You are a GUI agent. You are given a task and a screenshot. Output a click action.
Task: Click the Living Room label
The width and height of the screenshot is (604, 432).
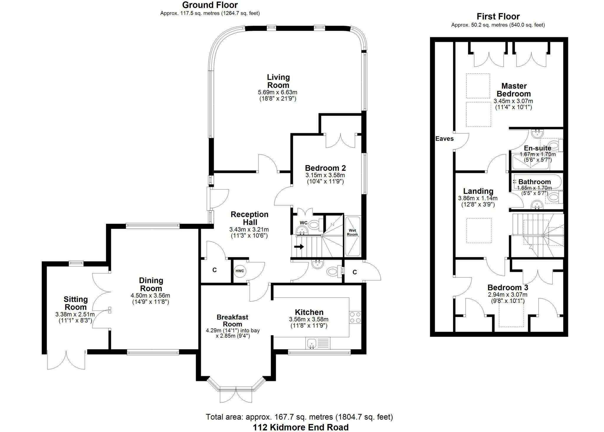click(x=278, y=81)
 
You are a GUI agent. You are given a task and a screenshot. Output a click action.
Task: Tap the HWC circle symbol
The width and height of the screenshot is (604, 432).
click(x=240, y=271)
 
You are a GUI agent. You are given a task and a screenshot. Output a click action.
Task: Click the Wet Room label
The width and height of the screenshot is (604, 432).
click(x=352, y=233)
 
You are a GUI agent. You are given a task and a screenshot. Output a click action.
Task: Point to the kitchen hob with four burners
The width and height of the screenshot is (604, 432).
click(x=355, y=317)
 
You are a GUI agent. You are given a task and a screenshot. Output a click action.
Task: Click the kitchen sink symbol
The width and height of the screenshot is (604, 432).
click(x=311, y=343)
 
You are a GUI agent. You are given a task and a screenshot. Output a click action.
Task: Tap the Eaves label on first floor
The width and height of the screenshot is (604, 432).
click(x=444, y=139)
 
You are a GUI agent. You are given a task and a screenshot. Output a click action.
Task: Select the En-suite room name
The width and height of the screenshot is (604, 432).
click(x=537, y=148)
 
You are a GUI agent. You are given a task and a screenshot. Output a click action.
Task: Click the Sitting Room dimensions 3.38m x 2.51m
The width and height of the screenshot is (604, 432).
click(x=75, y=315)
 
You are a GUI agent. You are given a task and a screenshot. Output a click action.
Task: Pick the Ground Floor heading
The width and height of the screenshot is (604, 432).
click(x=210, y=5)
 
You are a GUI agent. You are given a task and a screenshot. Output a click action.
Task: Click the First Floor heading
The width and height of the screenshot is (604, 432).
click(x=498, y=17)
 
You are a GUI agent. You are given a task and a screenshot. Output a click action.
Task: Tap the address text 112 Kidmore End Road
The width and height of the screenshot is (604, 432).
click(x=301, y=427)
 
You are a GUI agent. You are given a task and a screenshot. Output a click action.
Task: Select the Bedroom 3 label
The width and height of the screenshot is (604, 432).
click(x=508, y=288)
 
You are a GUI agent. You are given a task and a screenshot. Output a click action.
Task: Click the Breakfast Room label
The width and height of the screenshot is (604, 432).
click(x=232, y=321)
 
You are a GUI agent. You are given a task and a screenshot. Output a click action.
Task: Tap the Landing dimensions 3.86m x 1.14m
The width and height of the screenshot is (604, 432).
click(x=477, y=198)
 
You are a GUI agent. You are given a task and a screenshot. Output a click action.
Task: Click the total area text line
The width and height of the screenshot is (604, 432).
click(x=299, y=417)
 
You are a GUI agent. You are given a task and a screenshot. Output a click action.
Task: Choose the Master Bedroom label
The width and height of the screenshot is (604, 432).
click(x=514, y=90)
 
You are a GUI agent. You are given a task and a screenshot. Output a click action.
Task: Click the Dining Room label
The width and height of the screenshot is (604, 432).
click(x=151, y=284)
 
